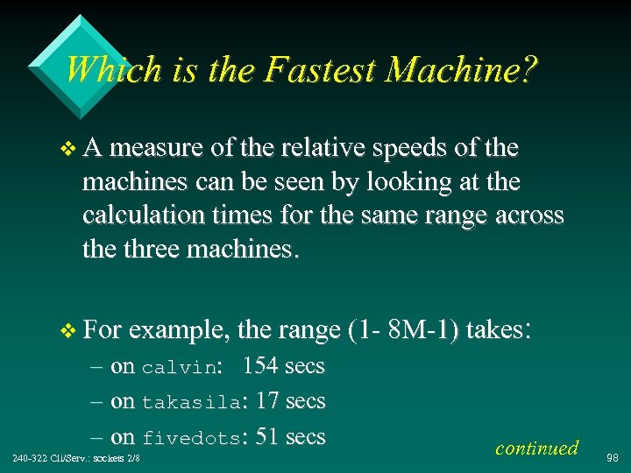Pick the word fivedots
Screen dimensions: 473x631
(190, 438)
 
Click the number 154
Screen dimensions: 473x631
(260, 365)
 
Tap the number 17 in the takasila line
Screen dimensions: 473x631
(267, 401)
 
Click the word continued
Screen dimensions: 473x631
(536, 448)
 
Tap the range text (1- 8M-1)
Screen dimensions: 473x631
(403, 331)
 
